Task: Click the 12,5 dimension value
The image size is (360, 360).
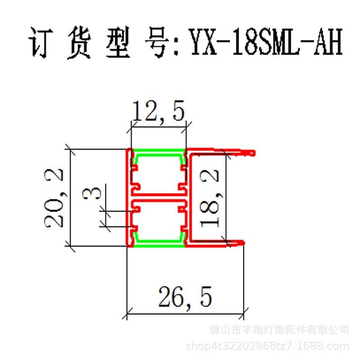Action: (158, 112)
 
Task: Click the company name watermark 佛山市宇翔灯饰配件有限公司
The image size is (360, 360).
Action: (279, 330)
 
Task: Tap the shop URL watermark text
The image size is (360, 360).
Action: (267, 346)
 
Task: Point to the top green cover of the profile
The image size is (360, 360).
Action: (158, 152)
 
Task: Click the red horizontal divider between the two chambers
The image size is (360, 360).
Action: (158, 198)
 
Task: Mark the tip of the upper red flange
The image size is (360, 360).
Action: (253, 153)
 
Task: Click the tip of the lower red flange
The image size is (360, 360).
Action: (243, 243)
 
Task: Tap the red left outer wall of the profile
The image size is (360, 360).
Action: (128, 198)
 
